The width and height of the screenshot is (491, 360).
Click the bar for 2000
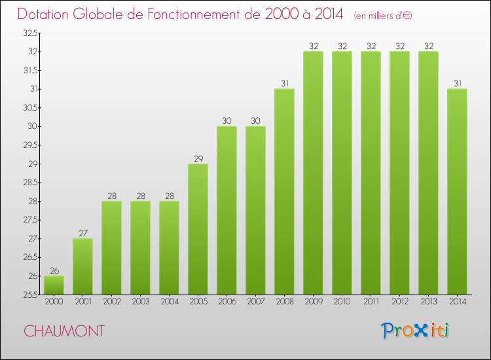tap(54, 285)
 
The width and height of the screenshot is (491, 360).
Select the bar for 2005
tap(198, 229)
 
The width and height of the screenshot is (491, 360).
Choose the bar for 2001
tap(82, 266)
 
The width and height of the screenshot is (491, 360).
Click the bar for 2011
tap(371, 173)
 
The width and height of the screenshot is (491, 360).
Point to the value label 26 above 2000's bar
tap(54, 271)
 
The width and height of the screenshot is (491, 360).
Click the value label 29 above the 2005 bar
tap(198, 158)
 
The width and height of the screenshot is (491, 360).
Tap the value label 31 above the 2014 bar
tap(457, 83)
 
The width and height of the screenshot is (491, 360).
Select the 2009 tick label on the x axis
tap(313, 302)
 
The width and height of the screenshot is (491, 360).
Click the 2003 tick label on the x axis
tap(140, 302)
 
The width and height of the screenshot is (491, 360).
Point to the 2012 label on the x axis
tap(399, 302)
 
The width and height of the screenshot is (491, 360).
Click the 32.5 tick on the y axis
tap(29, 33)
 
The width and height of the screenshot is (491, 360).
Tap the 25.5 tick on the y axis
tap(29, 295)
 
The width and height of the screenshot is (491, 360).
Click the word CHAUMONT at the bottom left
tap(64, 331)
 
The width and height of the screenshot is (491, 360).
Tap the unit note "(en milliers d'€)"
tap(382, 16)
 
